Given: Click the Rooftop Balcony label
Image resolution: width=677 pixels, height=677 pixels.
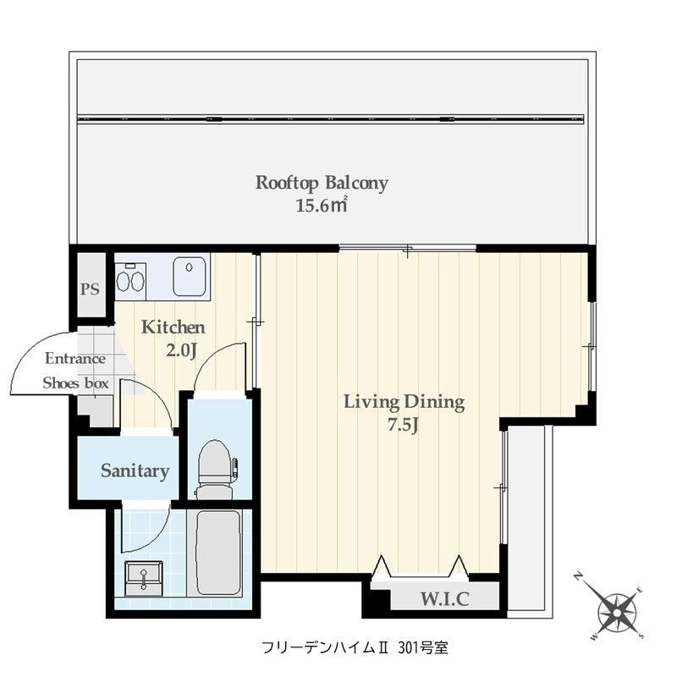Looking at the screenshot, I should coord(322,183).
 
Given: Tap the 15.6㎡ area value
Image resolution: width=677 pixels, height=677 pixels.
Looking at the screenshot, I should coord(322,205).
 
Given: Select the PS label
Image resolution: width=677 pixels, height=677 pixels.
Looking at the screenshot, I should coord(90,289).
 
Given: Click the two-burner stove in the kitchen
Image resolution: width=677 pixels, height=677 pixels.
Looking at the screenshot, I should coord(130,279).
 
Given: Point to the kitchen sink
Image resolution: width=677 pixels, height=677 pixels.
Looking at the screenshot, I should coord(191,276).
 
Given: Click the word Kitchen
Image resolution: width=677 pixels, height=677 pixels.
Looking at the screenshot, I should coord(173,327).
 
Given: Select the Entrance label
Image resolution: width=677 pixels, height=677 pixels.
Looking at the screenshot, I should coord(75,358).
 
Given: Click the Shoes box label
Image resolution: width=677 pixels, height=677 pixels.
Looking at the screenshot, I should coord(76,383).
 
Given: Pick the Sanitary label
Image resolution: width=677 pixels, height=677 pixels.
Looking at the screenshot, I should coord(135,471).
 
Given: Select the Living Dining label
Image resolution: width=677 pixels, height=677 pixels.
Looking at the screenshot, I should coord(404,402).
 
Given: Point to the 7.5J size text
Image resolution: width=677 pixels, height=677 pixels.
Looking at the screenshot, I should coord(404,425).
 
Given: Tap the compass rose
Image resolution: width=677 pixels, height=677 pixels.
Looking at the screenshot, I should coord(619,608).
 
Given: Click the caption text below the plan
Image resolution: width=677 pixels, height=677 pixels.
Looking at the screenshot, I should coord(355,648).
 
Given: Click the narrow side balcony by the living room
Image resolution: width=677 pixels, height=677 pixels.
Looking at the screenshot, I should coord(528,516).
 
